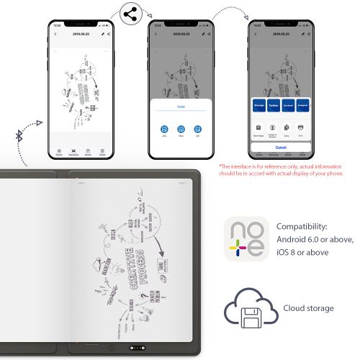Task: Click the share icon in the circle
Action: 131,14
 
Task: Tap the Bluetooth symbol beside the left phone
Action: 21,135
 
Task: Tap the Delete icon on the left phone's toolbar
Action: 102,152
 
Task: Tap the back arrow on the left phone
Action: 56,34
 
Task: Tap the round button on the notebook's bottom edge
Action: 112,349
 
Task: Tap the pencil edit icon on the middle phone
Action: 202,34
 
